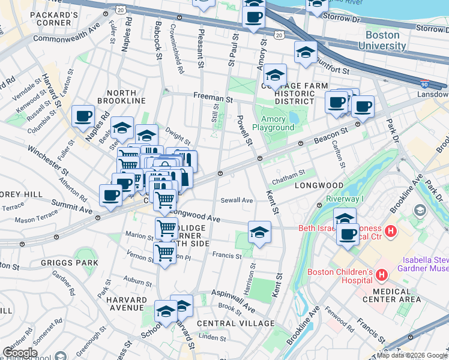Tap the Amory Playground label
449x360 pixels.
(x=273, y=123)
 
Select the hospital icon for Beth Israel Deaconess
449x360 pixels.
(x=391, y=230)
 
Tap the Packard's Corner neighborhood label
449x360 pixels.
(x=53, y=19)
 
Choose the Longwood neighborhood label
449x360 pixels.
(x=318, y=185)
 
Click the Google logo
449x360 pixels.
(x=20, y=352)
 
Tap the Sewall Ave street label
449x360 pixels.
(x=237, y=200)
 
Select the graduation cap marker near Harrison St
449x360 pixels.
(x=259, y=232)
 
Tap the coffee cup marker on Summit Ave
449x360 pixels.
(x=111, y=195)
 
